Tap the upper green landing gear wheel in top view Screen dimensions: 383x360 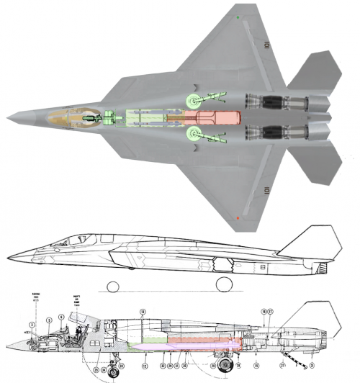pos(192,102)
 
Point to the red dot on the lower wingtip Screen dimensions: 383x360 pos(238,217)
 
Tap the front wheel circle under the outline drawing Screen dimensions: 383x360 pos(113,287)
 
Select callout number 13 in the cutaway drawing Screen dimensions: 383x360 pos(143,311)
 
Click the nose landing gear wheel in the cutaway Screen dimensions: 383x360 pos(113,371)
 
